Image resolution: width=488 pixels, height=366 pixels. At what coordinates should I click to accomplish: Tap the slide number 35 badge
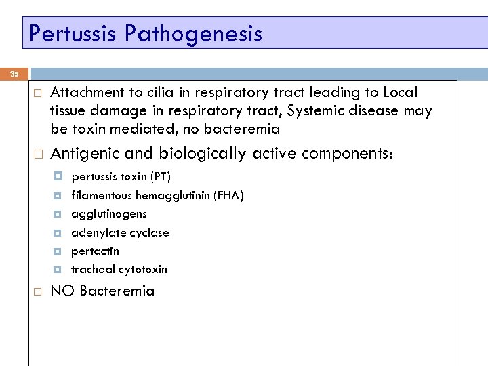(x=15, y=75)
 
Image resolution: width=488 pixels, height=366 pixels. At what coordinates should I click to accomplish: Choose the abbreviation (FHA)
(x=228, y=196)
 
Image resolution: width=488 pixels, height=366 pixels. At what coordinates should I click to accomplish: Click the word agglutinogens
(x=108, y=214)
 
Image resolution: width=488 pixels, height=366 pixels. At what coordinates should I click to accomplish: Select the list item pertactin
(x=95, y=251)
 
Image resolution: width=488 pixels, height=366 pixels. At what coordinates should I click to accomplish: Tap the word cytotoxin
(x=142, y=269)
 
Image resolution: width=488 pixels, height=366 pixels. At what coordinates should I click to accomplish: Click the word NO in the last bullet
(x=62, y=291)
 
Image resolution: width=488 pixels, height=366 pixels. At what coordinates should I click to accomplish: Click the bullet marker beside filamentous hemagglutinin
(x=58, y=196)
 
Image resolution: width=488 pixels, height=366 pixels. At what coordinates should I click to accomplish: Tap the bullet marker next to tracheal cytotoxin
(x=58, y=269)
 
